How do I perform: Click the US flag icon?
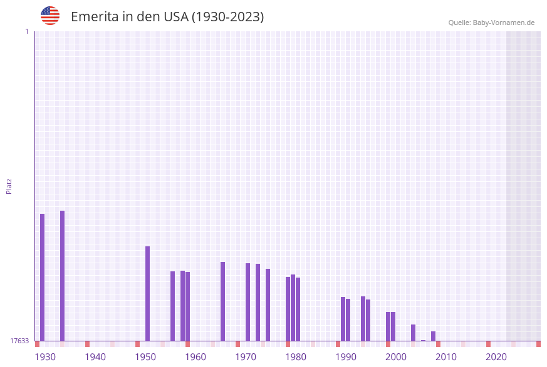tap(50, 16)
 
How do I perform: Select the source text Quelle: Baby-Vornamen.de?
tap(491, 23)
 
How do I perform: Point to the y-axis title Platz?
tap(9, 186)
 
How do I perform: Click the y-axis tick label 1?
tap(26, 31)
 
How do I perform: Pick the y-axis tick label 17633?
tap(19, 341)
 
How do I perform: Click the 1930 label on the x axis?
tap(45, 357)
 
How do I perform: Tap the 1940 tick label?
tap(95, 357)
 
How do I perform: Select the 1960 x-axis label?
tap(195, 357)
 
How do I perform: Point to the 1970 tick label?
tap(246, 357)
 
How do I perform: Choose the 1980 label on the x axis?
tap(296, 357)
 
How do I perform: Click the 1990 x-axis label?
tap(346, 357)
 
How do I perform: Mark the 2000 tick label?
tap(396, 357)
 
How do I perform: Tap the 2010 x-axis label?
tap(446, 357)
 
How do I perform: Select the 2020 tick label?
tap(496, 357)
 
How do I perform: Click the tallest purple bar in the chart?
tap(62, 275)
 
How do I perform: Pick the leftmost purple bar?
tap(42, 277)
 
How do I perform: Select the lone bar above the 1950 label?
tap(147, 293)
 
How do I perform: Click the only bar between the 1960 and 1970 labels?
tap(222, 301)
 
